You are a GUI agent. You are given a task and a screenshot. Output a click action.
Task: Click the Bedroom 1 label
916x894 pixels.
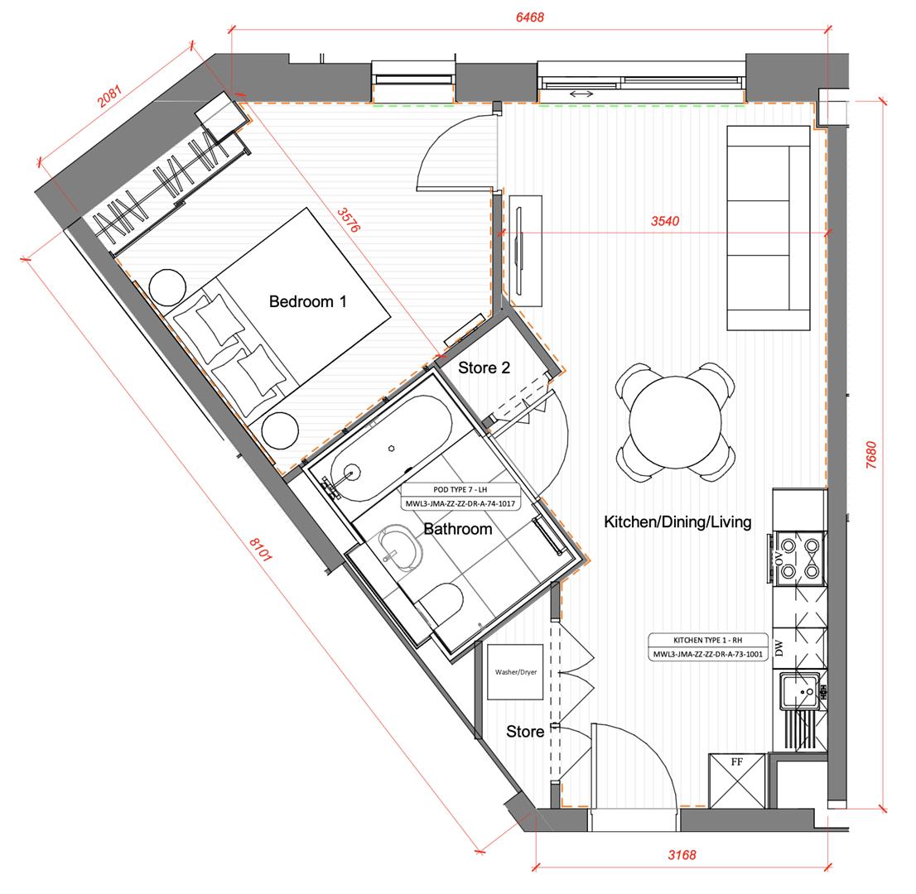pos(307,301)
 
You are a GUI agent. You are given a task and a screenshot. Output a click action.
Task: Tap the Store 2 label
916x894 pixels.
pos(484,368)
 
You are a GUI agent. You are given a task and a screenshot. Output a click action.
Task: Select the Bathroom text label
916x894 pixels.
pos(457,529)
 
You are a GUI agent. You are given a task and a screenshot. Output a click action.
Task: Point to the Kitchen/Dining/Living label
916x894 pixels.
pos(677,522)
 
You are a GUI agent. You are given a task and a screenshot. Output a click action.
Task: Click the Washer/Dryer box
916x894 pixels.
pos(515,672)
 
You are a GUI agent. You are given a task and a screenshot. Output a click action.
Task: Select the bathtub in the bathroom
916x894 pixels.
pos(391,448)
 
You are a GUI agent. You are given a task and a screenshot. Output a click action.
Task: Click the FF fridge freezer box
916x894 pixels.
pos(736,781)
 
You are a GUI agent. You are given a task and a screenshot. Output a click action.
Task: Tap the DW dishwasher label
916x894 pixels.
pos(779,647)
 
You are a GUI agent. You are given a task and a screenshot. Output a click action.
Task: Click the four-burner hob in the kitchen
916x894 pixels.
pos(800,558)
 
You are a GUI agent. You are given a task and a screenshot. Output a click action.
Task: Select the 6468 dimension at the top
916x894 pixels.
pos(530,17)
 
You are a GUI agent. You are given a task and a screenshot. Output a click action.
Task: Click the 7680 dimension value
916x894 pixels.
pos(871,455)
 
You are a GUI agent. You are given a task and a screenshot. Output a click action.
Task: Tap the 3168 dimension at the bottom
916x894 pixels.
pos(682,855)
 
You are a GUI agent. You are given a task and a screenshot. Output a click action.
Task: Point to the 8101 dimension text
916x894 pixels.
pos(261,550)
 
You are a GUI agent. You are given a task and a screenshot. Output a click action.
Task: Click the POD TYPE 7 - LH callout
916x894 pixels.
pos(460,497)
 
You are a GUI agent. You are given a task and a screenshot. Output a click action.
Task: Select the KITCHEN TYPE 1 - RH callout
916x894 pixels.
pos(707,647)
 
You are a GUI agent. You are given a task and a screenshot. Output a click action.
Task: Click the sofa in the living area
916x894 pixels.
pos(769,228)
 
